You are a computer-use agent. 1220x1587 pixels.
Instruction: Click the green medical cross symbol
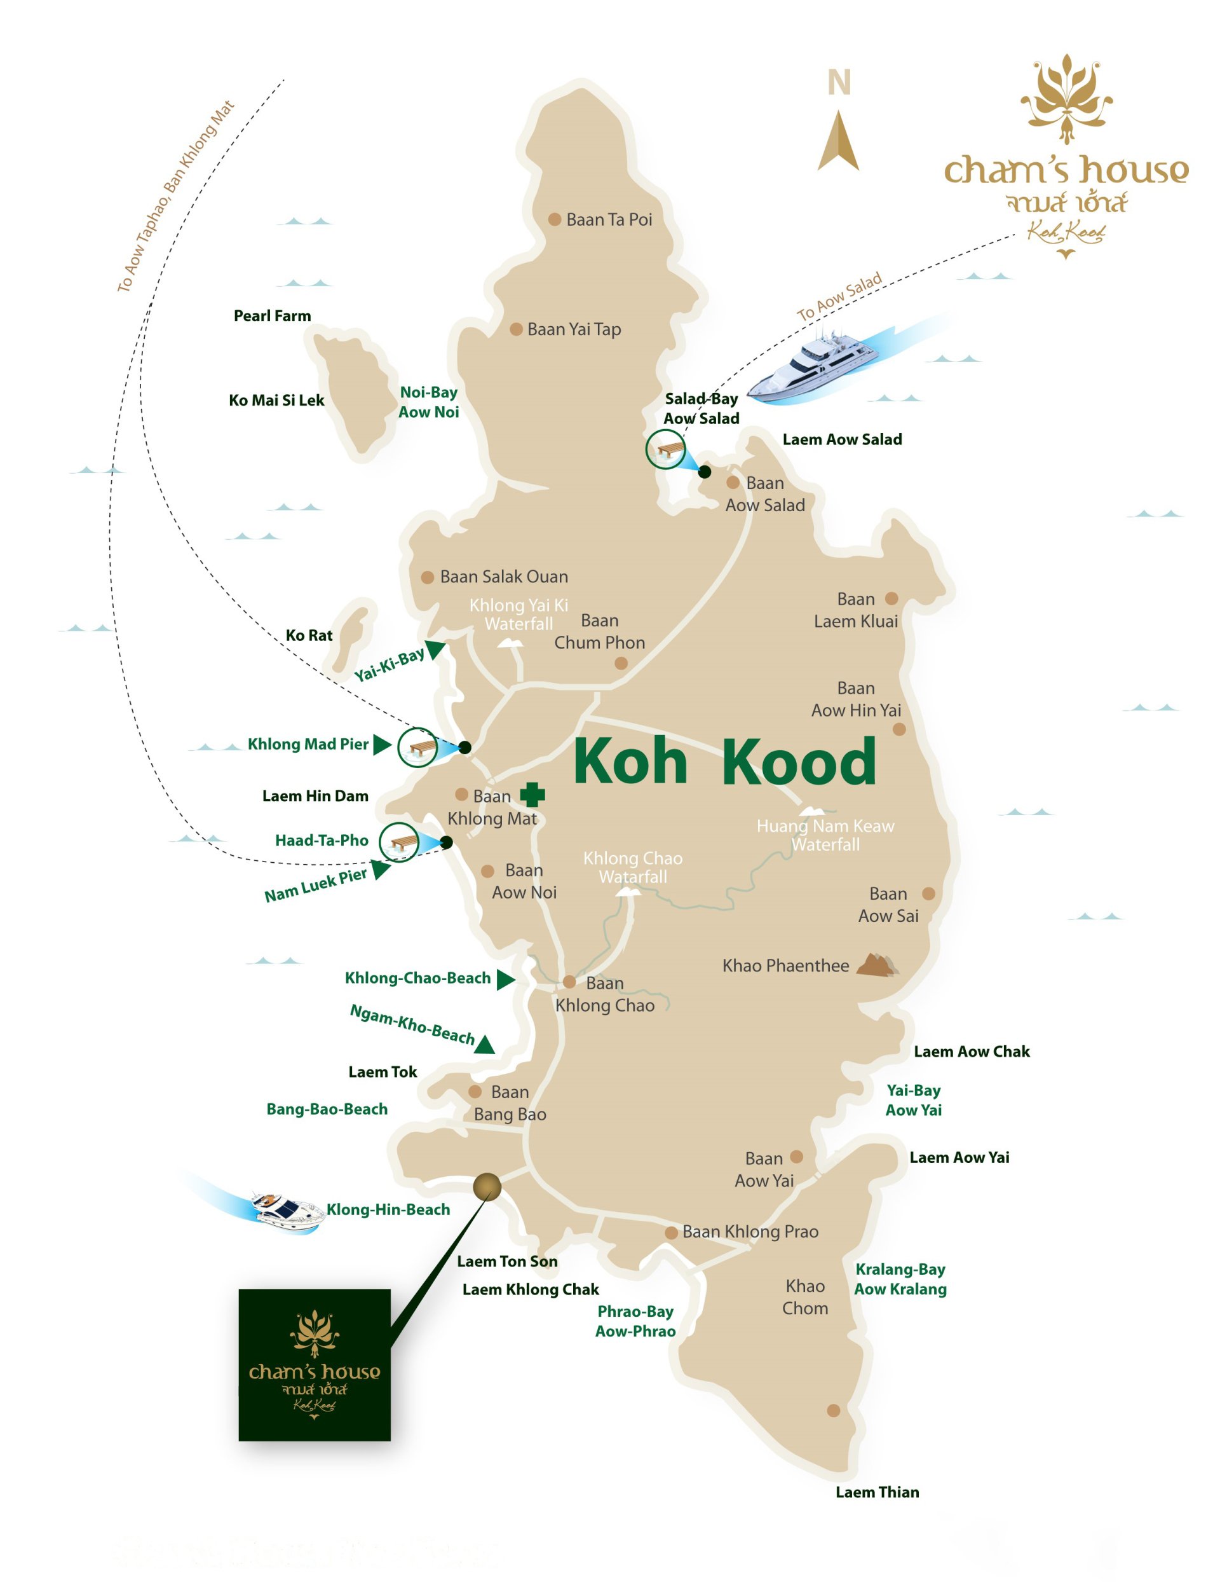coord(532,794)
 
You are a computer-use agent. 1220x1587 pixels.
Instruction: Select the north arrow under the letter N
coord(838,142)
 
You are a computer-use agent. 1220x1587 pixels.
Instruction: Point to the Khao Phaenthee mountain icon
coord(878,966)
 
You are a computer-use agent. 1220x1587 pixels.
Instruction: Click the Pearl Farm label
coord(273,316)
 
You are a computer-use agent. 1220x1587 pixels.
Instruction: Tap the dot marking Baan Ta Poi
coord(555,219)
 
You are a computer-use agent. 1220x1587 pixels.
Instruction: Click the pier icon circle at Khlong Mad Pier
coord(417,747)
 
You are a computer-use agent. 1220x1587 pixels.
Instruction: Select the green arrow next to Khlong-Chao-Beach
coord(505,980)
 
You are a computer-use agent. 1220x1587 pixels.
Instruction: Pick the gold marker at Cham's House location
coord(487,1187)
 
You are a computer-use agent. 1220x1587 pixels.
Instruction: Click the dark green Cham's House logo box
coord(315,1364)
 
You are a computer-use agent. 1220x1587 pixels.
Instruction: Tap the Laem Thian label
coord(878,1492)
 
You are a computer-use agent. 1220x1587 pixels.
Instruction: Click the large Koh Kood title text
coord(725,762)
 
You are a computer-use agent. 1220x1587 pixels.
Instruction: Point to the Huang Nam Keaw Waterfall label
coord(825,835)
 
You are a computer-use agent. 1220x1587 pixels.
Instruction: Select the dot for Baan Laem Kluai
coord(891,599)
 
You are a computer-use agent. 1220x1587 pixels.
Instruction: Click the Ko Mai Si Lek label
coord(276,401)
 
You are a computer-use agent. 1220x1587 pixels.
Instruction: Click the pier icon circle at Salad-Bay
coord(666,449)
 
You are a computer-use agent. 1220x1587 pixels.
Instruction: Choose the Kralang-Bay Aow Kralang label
coord(900,1279)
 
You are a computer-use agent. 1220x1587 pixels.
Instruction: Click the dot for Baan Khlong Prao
coord(672,1232)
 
